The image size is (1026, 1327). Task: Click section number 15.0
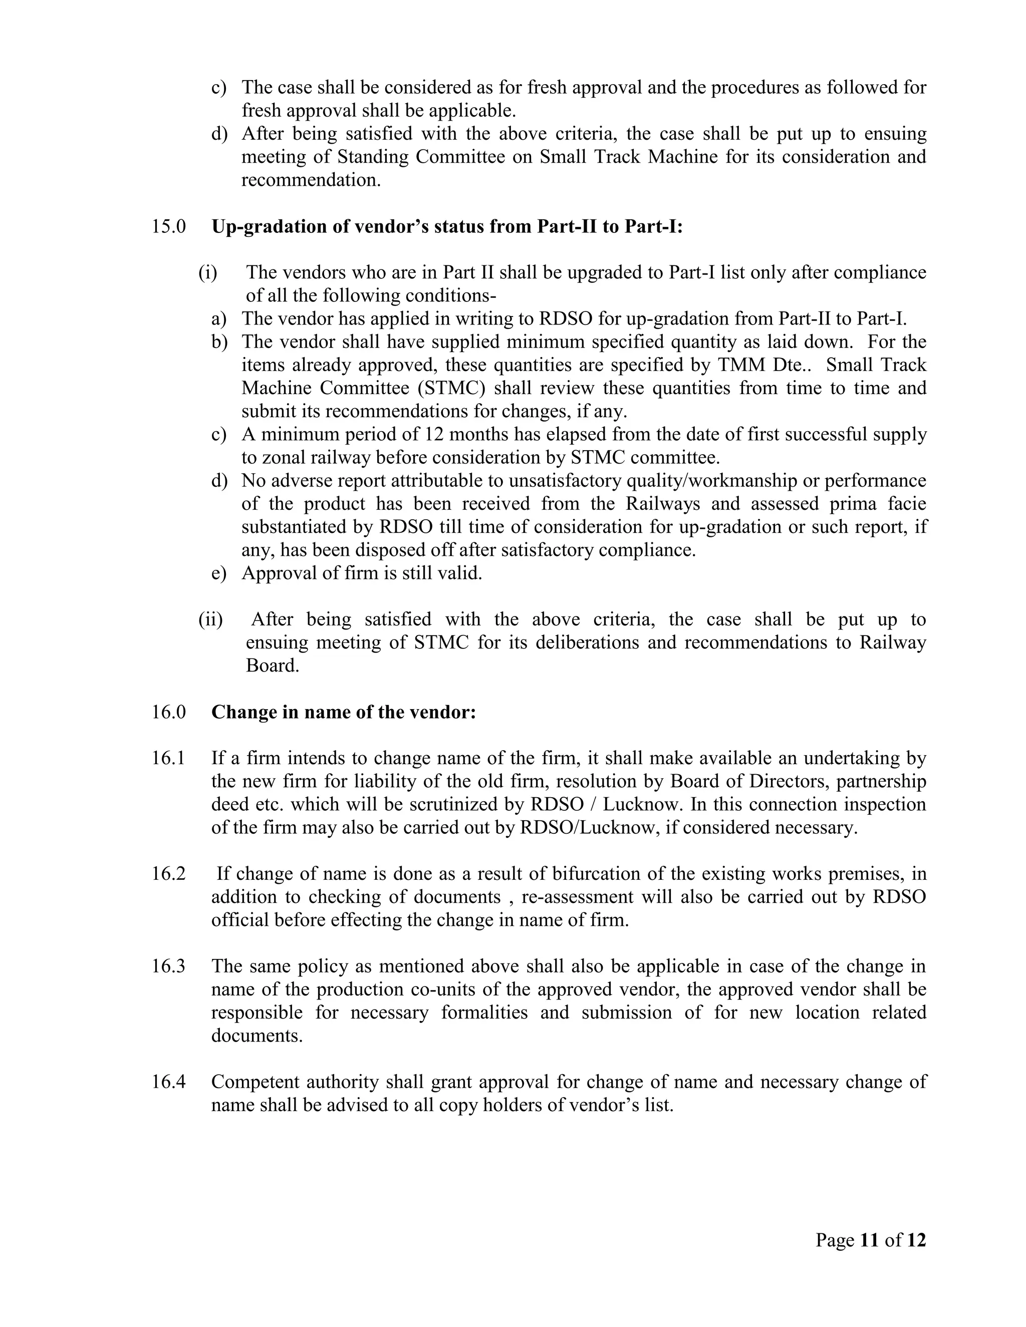click(168, 227)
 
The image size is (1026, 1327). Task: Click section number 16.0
click(168, 712)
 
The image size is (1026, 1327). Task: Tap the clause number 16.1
click(168, 758)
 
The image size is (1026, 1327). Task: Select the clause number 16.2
click(168, 874)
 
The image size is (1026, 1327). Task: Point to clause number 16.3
click(168, 966)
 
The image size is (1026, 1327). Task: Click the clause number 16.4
click(168, 1082)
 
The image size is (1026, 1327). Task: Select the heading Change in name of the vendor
click(343, 712)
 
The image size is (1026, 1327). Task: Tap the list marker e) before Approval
click(218, 573)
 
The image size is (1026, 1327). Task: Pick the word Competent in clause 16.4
click(254, 1082)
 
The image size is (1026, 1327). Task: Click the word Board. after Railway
click(273, 666)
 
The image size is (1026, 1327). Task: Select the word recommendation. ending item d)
click(311, 180)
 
